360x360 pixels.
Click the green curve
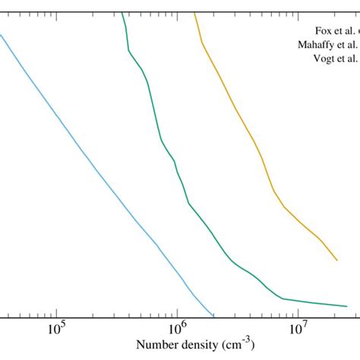coord(162,141)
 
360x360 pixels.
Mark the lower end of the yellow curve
coord(336,261)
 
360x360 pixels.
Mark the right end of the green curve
coord(347,306)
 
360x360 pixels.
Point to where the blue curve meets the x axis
coord(214,315)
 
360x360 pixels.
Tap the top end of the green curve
coord(122,11)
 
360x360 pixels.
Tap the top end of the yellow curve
coord(195,11)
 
